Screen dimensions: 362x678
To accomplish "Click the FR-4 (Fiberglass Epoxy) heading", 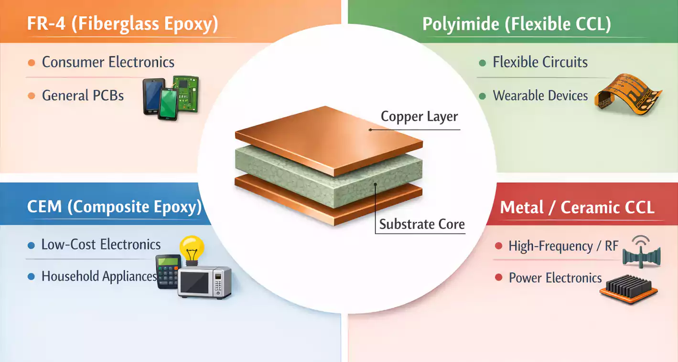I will pos(122,24).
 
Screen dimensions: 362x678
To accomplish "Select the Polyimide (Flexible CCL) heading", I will pos(517,24).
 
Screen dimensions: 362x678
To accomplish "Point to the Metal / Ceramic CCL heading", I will pos(577,208).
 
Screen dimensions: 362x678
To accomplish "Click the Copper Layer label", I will pos(419,117).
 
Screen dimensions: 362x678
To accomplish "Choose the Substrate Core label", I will pos(422,224).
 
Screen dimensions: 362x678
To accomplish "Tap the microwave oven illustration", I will pos(204,283).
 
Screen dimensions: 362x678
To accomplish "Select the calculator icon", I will pos(168,271).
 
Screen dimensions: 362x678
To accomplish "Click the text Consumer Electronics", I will pos(108,62).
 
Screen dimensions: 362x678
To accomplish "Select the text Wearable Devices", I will pos(540,96).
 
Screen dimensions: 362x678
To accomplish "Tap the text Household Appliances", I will pos(99,276).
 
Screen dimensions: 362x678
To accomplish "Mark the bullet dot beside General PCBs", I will pos(32,96).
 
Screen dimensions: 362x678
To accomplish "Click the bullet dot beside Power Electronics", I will pos(499,278).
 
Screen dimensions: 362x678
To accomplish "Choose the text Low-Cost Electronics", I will pos(101,245).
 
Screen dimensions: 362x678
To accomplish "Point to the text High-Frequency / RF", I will pos(563,246).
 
